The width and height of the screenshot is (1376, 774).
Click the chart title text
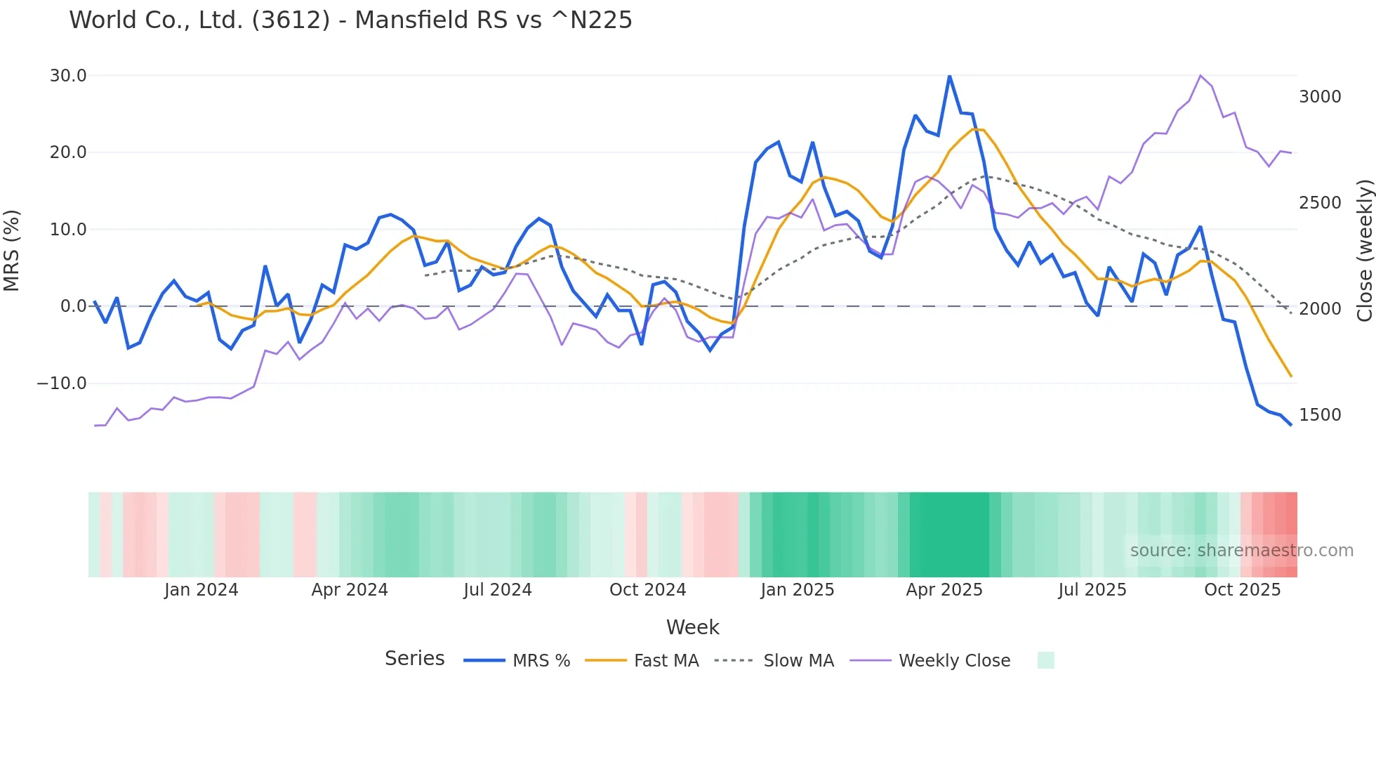350,20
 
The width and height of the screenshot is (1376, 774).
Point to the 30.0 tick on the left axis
68,76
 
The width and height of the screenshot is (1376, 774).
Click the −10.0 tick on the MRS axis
62,383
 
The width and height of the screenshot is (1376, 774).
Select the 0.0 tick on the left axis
73,306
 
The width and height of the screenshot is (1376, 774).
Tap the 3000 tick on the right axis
1320,97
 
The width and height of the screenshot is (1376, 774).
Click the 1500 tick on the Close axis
1320,415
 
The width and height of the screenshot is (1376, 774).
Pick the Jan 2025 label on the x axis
797,590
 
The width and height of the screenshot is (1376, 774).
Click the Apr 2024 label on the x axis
350,590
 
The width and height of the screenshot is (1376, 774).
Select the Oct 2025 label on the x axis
1242,590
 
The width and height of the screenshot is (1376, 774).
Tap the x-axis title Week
692,627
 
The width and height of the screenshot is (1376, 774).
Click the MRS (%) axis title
12,250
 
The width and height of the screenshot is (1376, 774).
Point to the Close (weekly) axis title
1364,250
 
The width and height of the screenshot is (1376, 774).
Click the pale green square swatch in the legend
1045,660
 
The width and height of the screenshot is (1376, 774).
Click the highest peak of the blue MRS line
949,76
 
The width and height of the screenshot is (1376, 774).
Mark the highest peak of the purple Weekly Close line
1200,75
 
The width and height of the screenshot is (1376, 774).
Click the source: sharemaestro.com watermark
1241,551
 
